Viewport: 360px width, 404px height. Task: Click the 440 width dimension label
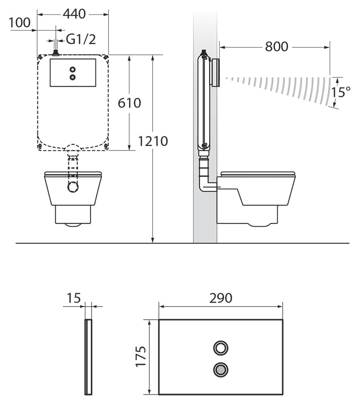tap(74, 14)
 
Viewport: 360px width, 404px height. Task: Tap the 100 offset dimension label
tap(19, 23)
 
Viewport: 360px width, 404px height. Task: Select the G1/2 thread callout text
tap(81, 40)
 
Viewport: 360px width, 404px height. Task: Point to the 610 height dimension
tap(129, 103)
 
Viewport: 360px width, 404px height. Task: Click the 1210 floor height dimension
tap(153, 141)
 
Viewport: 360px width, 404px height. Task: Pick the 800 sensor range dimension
tap(277, 47)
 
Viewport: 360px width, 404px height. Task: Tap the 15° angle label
tap(341, 92)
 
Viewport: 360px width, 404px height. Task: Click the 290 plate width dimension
tap(220, 298)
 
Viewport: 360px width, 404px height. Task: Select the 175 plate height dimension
tap(141, 356)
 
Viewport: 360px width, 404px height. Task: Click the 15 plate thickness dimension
tap(74, 298)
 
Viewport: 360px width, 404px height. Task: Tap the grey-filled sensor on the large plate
tap(220, 370)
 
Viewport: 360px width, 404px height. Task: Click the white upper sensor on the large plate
tap(220, 348)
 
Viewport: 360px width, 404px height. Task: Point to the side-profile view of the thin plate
tap(88, 357)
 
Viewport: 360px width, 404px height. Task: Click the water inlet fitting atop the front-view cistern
tap(55, 53)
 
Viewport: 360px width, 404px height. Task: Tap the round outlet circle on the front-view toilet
tap(73, 187)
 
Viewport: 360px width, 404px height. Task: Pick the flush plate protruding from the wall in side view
tap(216, 72)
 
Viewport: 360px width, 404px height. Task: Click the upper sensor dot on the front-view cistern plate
tap(73, 69)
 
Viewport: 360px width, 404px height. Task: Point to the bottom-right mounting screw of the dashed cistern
tap(106, 146)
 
